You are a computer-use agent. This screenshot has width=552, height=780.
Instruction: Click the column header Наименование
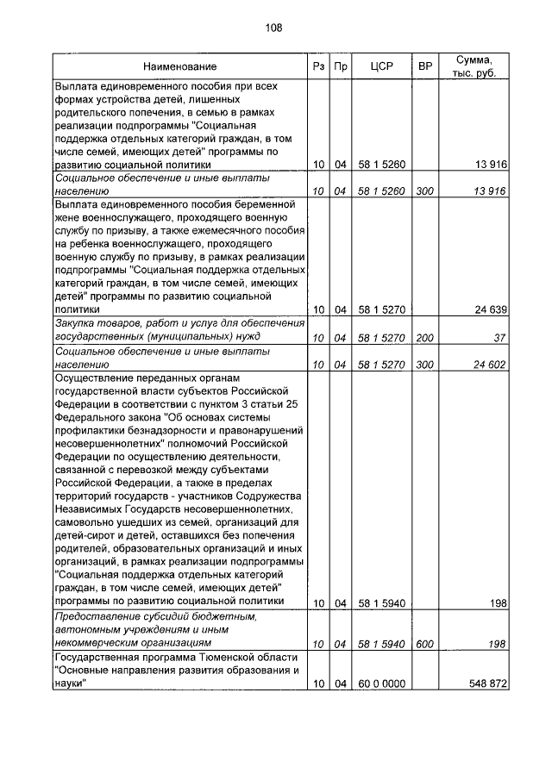coord(180,66)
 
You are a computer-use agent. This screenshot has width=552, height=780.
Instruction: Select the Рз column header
coord(318,66)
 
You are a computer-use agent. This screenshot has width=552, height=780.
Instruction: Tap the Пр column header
coord(340,66)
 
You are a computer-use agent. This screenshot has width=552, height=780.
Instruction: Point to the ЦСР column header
coord(381,66)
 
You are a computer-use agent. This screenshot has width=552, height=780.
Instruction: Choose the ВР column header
coord(424,66)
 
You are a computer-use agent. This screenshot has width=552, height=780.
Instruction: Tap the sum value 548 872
coord(486,683)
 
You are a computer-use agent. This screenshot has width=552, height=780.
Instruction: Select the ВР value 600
coord(424,644)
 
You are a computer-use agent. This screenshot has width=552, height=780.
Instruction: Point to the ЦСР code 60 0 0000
coord(381,683)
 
